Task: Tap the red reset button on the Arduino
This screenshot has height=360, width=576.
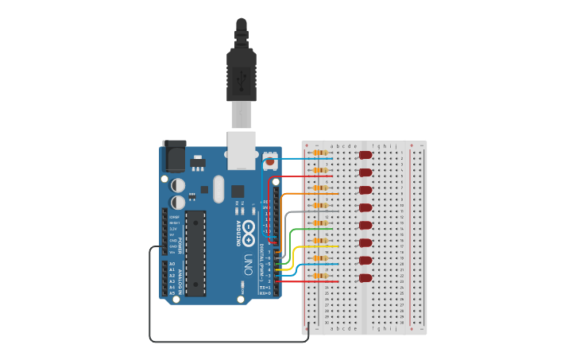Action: coord(270,161)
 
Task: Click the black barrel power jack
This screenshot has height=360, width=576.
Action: coord(174,156)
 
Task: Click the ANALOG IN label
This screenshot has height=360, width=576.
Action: coord(180,278)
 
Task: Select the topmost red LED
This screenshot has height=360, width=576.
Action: coord(365,155)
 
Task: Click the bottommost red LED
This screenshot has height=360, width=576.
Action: coord(365,278)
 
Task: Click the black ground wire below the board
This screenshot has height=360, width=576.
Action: coord(230,342)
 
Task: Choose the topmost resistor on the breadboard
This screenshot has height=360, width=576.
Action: coord(320,152)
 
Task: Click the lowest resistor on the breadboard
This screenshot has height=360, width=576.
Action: coord(320,276)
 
